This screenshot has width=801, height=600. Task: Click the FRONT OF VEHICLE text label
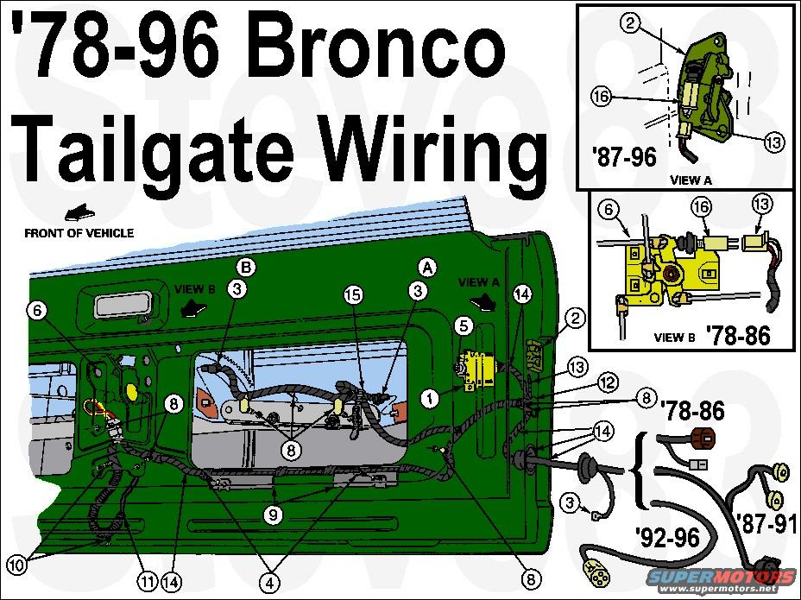pos(79,233)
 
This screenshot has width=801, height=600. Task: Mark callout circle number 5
pos(463,326)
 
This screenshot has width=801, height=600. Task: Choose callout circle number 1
pos(428,398)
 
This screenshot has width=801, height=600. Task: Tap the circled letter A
pos(425,265)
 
